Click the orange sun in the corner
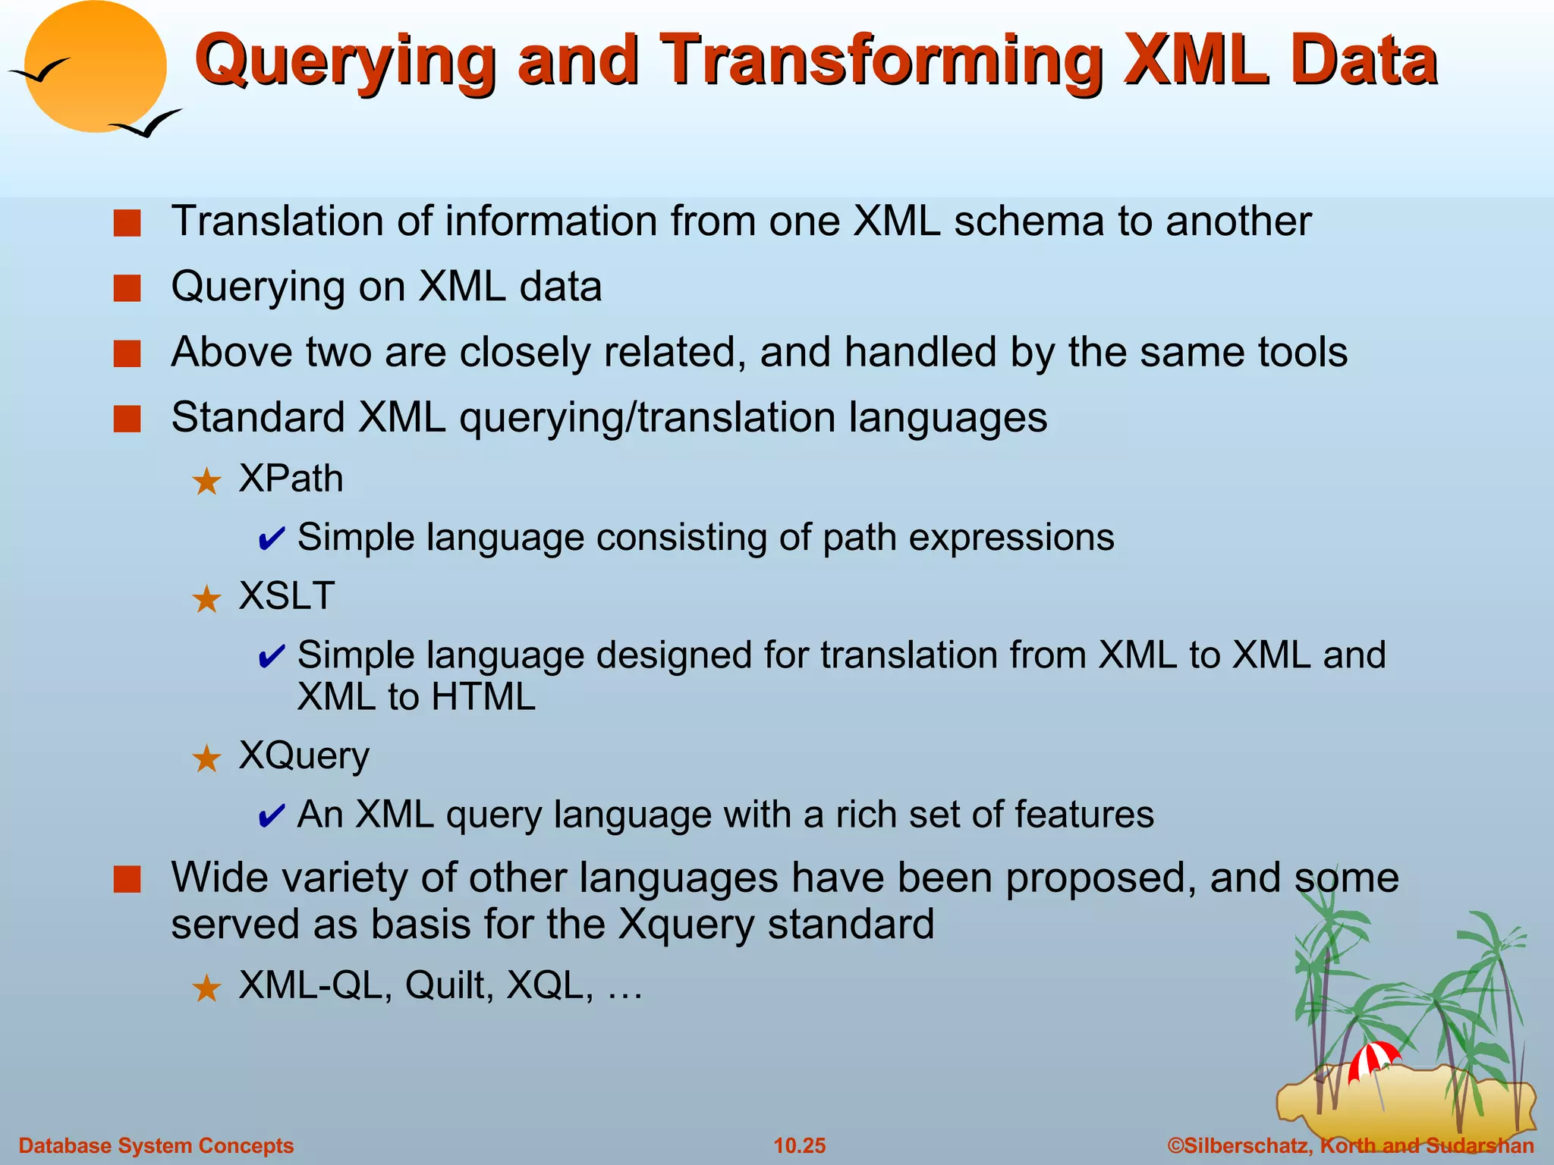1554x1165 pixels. [x=95, y=67]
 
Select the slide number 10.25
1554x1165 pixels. [x=799, y=1145]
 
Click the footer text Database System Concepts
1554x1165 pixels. [x=156, y=1145]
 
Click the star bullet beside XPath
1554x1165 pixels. [x=206, y=482]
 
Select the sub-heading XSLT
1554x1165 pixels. [x=287, y=595]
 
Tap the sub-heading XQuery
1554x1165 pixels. [x=304, y=755]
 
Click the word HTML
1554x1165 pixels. [x=483, y=696]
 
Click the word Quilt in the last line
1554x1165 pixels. [x=448, y=985]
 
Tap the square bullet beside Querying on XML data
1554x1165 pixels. [x=127, y=289]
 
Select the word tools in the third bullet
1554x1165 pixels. [x=1302, y=353]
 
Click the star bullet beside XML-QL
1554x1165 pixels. [x=206, y=988]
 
